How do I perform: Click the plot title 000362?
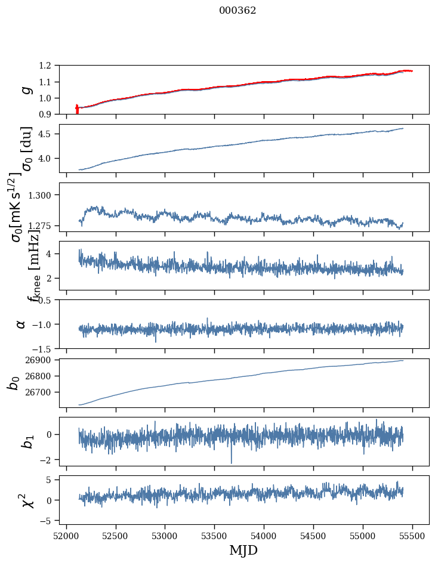coord(229,11)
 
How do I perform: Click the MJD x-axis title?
coord(243,550)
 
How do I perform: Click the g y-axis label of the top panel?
coord(25,89)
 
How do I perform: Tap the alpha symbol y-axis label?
coord(21,324)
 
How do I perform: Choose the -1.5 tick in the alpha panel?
coord(47,348)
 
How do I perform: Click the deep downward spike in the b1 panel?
coord(232,462)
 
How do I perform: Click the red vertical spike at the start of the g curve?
coord(77,110)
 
